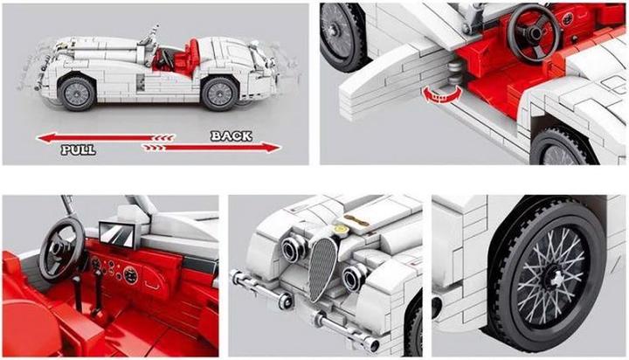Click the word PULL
[78, 150]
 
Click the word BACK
[231, 135]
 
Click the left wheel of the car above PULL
[78, 93]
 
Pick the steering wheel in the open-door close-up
[532, 32]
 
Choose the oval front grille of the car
[323, 266]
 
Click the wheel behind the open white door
[340, 35]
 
